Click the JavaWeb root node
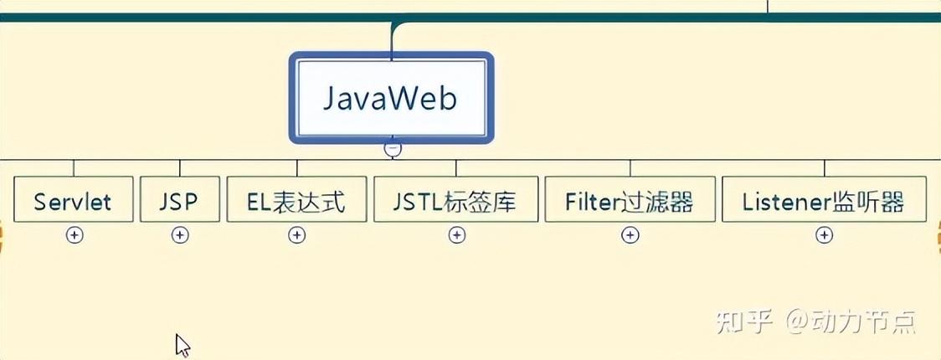tap(392, 99)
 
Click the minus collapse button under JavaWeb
tap(393, 149)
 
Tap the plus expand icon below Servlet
tap(75, 235)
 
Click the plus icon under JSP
tap(180, 235)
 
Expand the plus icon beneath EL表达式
tap(296, 235)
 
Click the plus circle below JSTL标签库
tap(456, 235)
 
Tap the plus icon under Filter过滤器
tap(630, 235)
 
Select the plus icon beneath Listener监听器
tap(825, 235)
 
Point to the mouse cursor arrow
tap(182, 344)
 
